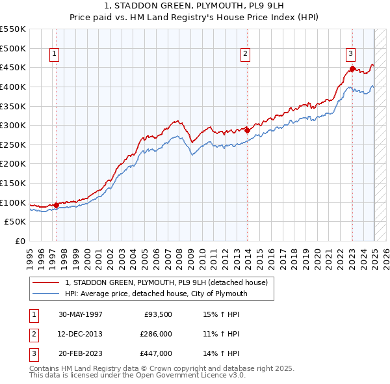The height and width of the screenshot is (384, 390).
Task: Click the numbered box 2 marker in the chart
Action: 245,55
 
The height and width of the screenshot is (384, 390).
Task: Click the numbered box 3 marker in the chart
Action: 350,55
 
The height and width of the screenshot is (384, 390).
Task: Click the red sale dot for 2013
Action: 248,130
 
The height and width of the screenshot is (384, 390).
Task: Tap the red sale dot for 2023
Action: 352,68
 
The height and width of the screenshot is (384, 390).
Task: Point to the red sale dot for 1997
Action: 57,205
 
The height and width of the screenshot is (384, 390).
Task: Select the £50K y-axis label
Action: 16,222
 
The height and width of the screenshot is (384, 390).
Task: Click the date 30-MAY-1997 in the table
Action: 80,314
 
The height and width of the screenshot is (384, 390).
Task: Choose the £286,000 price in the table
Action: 156,334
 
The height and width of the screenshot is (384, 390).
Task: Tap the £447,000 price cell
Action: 156,353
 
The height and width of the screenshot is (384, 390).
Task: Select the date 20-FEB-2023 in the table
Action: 80,353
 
